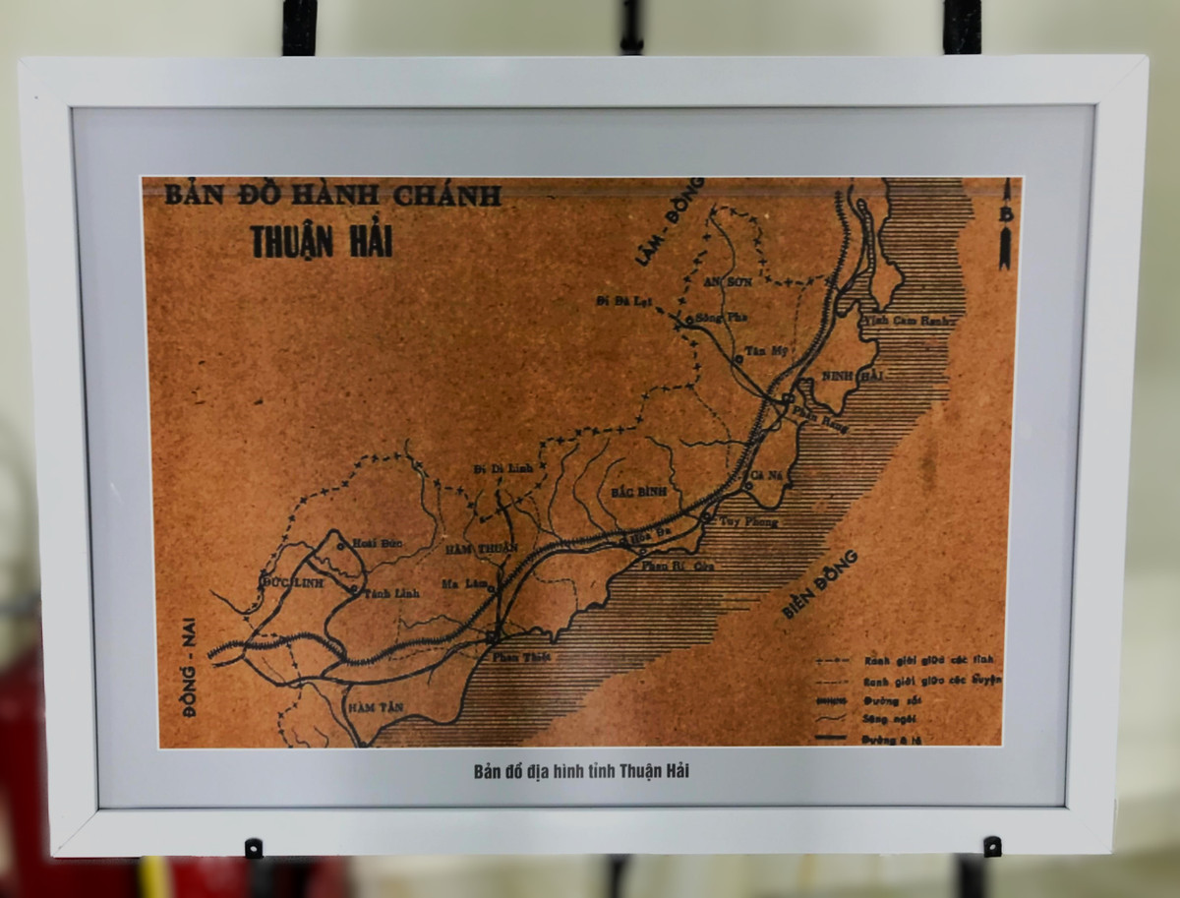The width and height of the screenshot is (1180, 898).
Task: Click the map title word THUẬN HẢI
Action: click(x=322, y=241)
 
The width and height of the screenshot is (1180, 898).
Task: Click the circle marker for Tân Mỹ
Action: click(x=738, y=360)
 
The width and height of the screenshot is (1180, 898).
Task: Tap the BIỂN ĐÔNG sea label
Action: click(x=819, y=584)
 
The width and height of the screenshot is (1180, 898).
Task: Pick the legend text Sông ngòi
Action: click(x=891, y=719)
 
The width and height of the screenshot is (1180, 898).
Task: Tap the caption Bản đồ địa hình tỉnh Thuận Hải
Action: click(x=581, y=771)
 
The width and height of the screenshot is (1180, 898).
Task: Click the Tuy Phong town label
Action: click(x=748, y=521)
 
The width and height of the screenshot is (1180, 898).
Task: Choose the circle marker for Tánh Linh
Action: click(x=354, y=590)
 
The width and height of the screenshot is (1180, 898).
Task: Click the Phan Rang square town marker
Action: click(x=785, y=399)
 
